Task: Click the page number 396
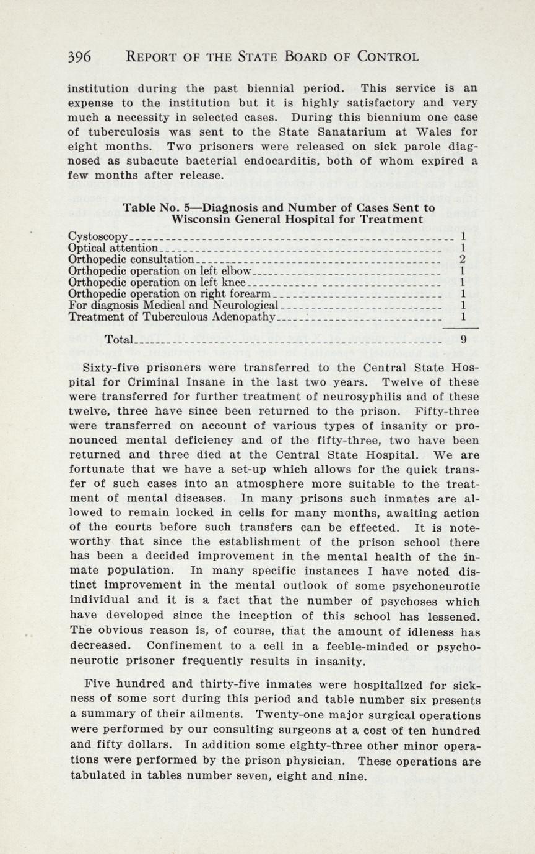point(80,57)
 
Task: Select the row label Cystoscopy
point(98,236)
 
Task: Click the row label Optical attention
point(113,248)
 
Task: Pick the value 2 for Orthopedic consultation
point(462,259)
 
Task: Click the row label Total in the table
point(120,339)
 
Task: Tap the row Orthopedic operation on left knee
point(157,282)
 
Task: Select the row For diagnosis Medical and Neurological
point(173,305)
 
